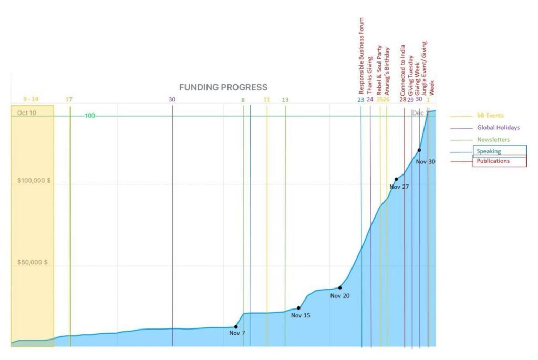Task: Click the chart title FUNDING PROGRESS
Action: pos(223,87)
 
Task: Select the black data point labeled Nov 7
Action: pos(236,327)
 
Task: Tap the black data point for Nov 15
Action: pos(298,308)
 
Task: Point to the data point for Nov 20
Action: pos(340,287)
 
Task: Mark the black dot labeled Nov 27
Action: pos(396,179)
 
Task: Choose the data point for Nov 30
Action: pos(419,150)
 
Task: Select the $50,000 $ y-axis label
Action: pos(33,262)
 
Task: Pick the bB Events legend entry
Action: pos(490,115)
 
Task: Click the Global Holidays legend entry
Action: pos(498,127)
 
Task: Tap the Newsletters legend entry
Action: pos(493,139)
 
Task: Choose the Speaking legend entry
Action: pos(489,151)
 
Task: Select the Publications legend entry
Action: pos(493,161)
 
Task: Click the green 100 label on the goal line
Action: pos(90,116)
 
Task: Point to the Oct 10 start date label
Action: pos(27,113)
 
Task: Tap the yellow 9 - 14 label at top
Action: pos(31,99)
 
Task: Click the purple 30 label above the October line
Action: pos(172,99)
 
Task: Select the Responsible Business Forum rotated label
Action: pos(361,55)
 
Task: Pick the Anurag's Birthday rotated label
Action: pos(388,70)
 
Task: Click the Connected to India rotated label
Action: pos(402,69)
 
